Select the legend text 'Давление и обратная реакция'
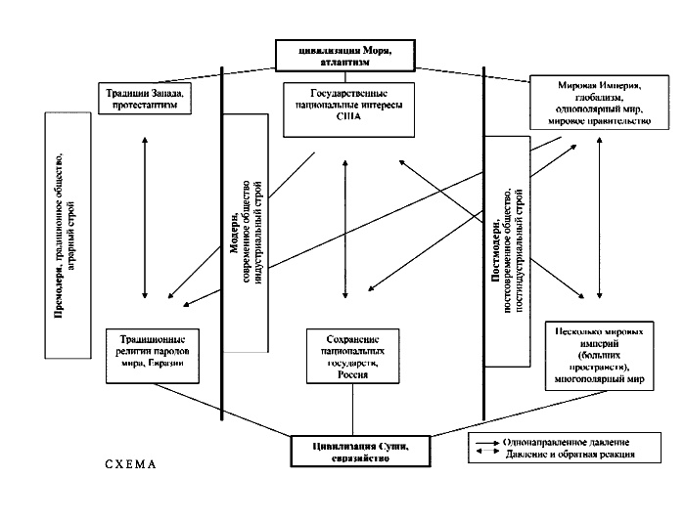point(569,455)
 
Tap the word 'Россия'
point(351,374)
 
